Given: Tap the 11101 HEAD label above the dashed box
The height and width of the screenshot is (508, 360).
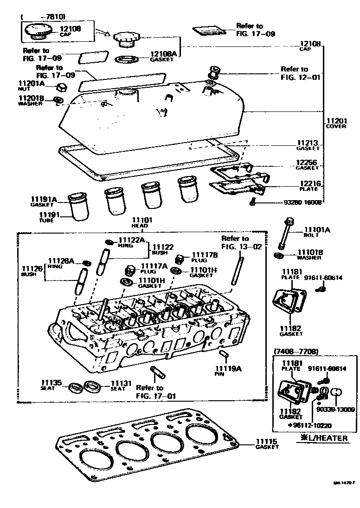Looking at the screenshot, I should click(x=140, y=222).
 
